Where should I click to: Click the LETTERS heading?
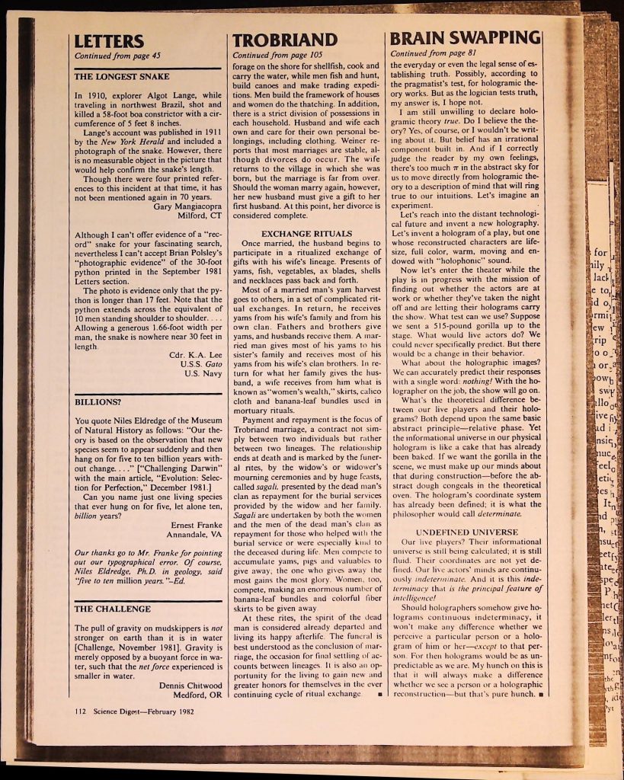tap(108, 40)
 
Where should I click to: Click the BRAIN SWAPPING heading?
tap(465, 40)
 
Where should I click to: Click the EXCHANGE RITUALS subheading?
tap(306, 232)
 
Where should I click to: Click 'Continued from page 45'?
tap(117, 55)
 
